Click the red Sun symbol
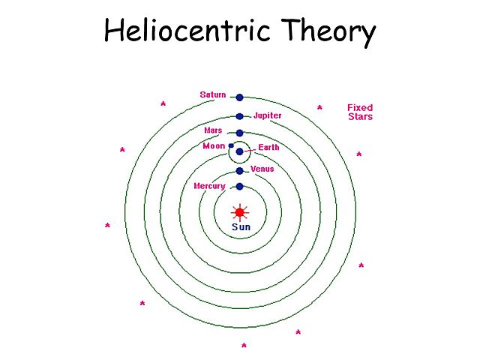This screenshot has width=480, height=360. coord(239,211)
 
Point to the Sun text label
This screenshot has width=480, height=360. coord(240,226)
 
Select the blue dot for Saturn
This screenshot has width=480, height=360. coord(239,97)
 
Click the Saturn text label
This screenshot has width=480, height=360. coord(213,95)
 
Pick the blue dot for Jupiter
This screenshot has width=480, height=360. coord(239,116)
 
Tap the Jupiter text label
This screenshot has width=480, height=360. coord(267,116)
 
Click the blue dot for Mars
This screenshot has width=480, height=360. coord(239,133)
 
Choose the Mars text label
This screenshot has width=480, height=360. coord(213,130)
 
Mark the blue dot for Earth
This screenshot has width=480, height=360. coord(239,151)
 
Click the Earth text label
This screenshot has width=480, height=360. coord(268,148)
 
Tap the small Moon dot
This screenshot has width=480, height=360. coord(231,145)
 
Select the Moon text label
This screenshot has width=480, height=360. coord(214,146)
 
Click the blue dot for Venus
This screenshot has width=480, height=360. coord(239,171)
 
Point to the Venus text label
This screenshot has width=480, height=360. coord(262,169)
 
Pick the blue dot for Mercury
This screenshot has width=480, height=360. coord(239,186)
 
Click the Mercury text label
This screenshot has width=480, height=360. coord(210,186)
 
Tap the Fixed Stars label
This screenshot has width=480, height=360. coord(360,112)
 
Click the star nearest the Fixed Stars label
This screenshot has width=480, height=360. coord(319,108)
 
